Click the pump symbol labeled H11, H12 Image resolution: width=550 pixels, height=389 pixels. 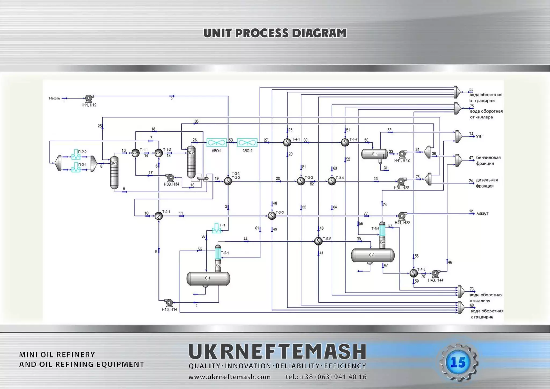click(89, 98)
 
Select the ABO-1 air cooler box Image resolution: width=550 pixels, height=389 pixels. click(216, 142)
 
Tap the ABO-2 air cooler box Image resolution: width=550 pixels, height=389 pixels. click(247, 142)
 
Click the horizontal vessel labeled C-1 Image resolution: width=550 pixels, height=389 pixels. click(208, 278)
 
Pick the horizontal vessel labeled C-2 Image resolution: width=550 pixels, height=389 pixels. click(372, 255)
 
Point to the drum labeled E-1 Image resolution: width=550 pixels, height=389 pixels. click(374, 154)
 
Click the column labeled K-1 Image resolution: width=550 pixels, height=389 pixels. click(114, 172)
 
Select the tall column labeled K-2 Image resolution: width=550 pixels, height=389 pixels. click(191, 162)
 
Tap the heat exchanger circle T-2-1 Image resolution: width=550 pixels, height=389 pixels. click(159, 216)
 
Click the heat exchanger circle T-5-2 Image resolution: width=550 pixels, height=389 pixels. click(318, 241)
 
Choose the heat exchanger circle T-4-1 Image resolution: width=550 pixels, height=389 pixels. click(287, 142)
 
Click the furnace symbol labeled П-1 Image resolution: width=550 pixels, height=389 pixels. click(216, 228)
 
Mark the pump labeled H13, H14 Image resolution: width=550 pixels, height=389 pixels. click(169, 303)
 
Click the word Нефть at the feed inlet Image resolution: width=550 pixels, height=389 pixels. click(55, 98)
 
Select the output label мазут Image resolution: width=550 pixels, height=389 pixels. click(482, 214)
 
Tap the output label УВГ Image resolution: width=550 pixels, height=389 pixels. click(480, 136)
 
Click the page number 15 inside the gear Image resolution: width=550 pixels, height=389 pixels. click(458, 363)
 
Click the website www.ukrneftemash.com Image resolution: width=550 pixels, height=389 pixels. click(229, 377)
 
